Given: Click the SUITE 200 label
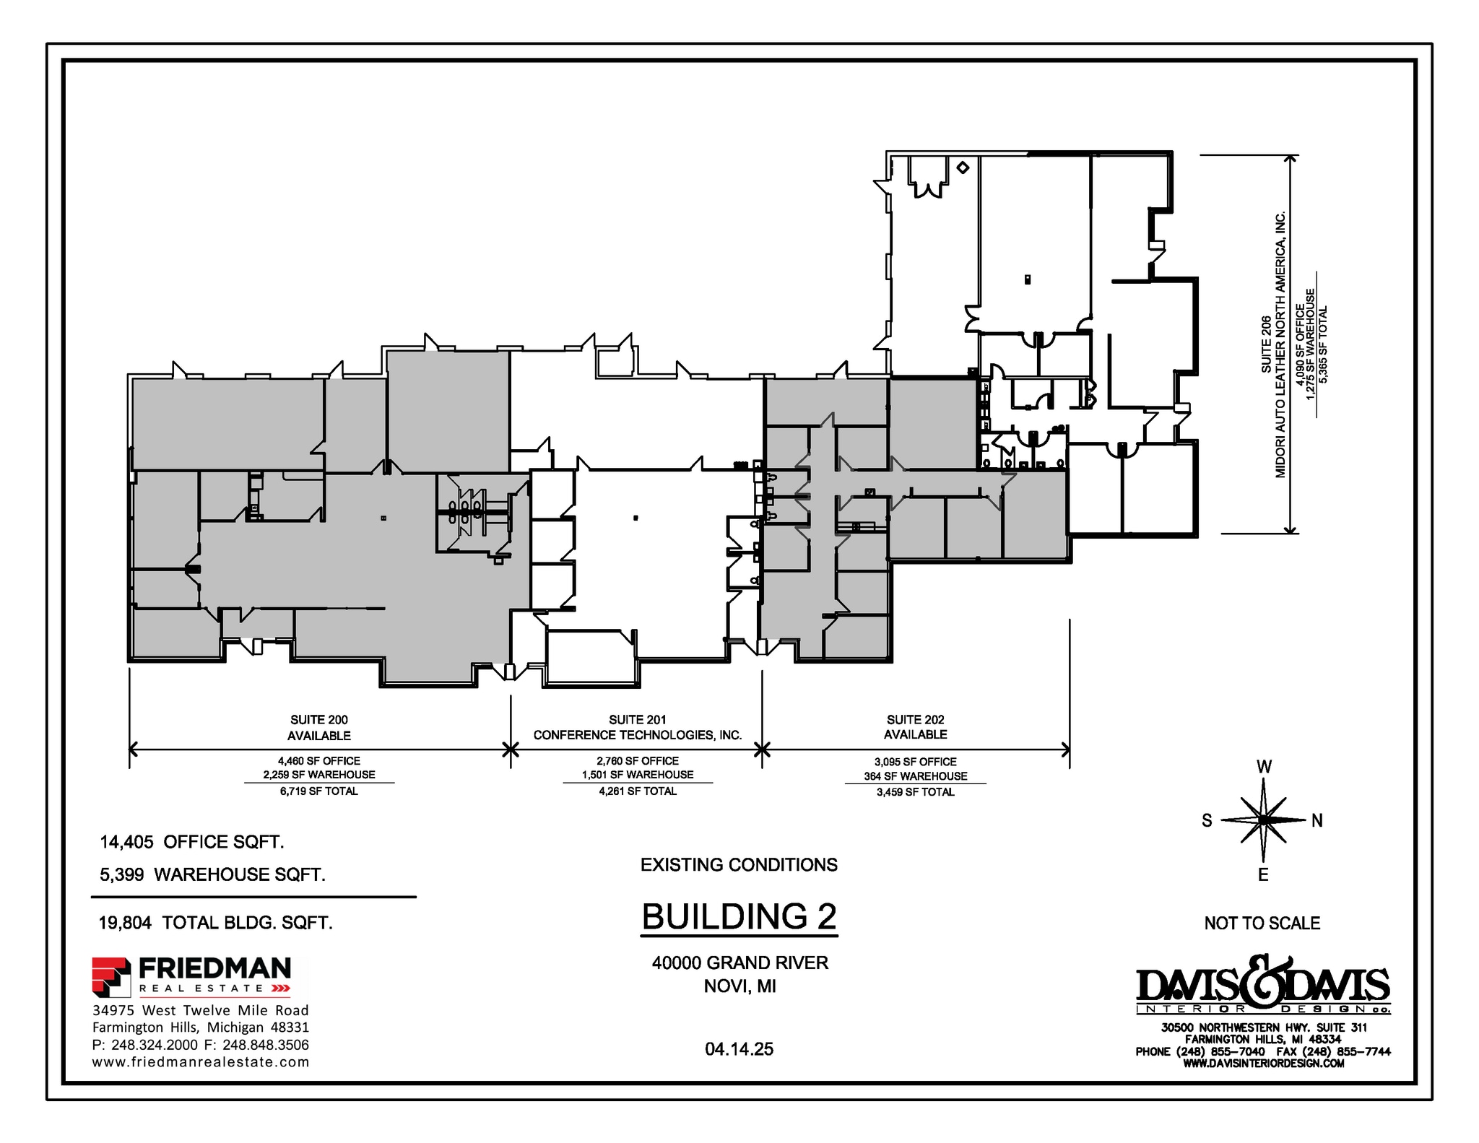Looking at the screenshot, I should point(318,720).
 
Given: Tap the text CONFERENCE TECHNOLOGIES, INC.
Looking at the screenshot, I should point(637,735).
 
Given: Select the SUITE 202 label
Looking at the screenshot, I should point(915,720).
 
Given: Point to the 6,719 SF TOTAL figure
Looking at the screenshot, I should point(318,791).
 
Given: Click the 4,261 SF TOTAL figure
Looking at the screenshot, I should point(637,791).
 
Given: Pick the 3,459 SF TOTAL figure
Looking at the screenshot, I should point(915,792).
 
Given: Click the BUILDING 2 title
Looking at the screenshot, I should point(739,917).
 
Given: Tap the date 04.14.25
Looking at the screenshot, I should point(739,1049).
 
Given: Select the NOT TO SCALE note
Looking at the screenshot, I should point(1262,923).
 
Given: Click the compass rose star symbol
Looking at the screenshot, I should point(1263,820).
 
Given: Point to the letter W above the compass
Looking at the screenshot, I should point(1264,768).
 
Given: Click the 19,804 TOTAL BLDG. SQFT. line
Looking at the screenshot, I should point(215,923).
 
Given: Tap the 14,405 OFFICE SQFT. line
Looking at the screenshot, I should point(191,842).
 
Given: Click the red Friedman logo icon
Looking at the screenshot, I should point(110,975).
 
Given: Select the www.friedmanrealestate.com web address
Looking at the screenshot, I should point(201,1062).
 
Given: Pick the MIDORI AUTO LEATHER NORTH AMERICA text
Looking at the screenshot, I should point(1280,344).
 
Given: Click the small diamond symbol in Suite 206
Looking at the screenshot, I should point(962,168).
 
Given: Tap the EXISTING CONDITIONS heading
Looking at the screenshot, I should point(739,865).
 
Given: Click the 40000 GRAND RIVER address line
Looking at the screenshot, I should point(739,962).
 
